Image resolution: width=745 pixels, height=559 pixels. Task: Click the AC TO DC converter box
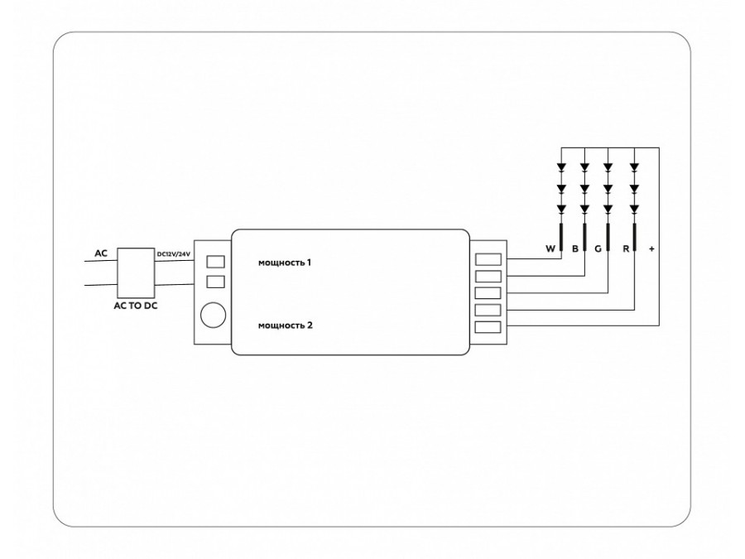(x=137, y=271)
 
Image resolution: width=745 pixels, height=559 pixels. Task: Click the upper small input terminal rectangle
(x=215, y=262)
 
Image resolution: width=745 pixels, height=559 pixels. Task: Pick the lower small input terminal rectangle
(x=215, y=282)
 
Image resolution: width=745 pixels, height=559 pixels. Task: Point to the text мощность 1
(x=286, y=263)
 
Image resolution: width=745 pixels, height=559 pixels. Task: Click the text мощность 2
(x=286, y=326)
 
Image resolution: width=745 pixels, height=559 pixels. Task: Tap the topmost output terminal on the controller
(x=488, y=258)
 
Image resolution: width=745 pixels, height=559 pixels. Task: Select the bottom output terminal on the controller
(x=488, y=328)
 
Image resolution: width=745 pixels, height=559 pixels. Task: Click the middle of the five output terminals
(x=488, y=293)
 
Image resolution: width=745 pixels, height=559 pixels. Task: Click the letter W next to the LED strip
(x=549, y=248)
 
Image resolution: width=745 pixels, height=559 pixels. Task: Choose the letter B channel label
(x=574, y=248)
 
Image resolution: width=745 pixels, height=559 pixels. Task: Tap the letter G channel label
(x=597, y=248)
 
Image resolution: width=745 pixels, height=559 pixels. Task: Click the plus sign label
(x=651, y=248)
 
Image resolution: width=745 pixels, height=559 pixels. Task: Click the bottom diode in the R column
(x=635, y=208)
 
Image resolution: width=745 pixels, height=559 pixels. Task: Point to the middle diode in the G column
(x=609, y=188)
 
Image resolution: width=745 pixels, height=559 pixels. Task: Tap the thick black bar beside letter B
(x=584, y=239)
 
